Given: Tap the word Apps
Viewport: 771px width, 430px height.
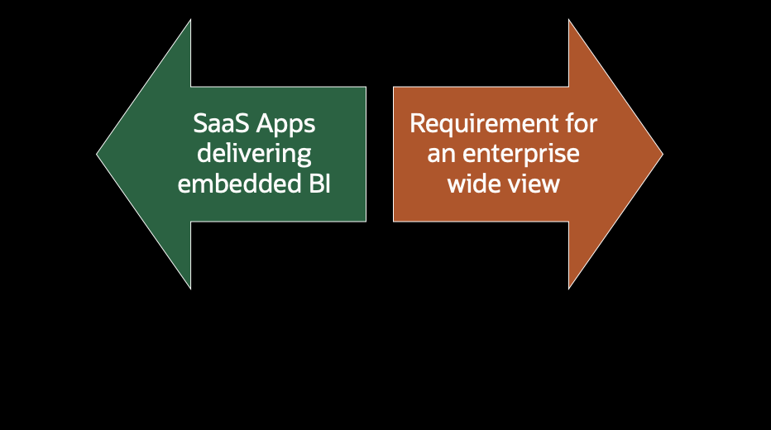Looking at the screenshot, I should [x=285, y=124].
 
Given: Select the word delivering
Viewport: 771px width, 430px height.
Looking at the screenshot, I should [x=254, y=154].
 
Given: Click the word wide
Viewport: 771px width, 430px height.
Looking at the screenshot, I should [x=472, y=184].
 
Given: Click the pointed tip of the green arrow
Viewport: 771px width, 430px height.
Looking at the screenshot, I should [x=98, y=154].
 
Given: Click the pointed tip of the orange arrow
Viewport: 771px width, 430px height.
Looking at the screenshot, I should [x=661, y=154].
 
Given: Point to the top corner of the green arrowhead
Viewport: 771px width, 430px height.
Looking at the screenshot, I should [x=190, y=21].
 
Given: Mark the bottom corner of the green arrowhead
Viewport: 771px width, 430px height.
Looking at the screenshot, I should [x=190, y=287].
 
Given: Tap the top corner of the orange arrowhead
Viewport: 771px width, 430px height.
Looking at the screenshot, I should [x=569, y=21].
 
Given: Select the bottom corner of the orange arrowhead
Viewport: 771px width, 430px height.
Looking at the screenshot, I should [x=569, y=287].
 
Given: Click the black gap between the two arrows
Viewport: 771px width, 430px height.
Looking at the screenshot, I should [x=380, y=154].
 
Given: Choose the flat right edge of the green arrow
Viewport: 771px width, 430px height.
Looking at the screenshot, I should [x=365, y=154].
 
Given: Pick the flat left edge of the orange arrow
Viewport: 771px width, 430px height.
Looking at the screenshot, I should [x=394, y=154].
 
